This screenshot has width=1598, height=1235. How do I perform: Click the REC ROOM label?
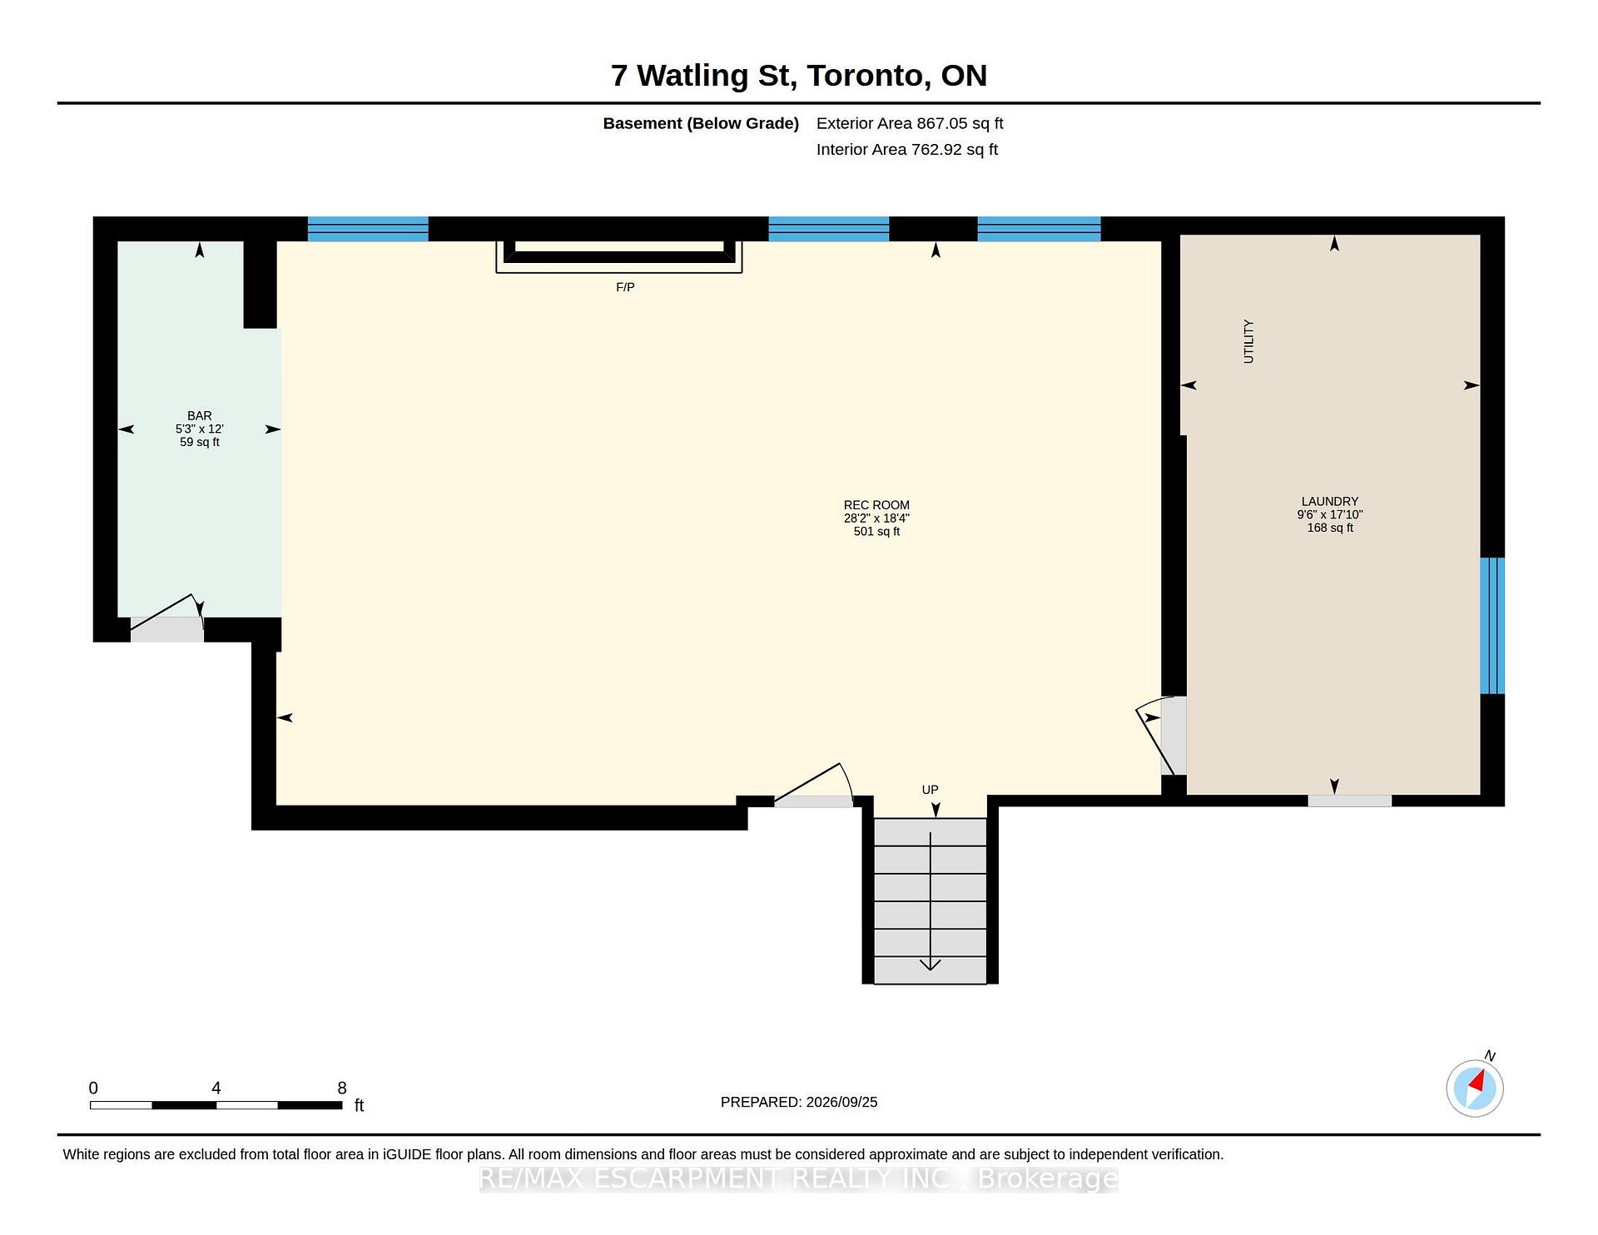876,505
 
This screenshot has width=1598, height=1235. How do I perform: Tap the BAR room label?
200,415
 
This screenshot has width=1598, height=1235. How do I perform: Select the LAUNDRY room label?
1330,501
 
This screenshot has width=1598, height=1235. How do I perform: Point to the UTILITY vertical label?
1248,341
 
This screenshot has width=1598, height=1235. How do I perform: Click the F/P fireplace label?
625,287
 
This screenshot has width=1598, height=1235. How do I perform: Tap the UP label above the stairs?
930,790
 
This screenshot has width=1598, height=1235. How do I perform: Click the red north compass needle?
1477,1082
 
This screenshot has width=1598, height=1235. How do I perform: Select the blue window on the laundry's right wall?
1492,625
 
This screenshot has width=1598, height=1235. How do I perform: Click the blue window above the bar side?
368,229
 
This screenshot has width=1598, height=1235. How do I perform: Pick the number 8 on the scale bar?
342,1088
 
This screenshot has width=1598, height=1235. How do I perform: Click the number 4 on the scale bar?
216,1088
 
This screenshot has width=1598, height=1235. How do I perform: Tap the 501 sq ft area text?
876,532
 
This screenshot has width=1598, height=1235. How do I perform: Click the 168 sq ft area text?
1330,528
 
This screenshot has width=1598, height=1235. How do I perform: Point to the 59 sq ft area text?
200,442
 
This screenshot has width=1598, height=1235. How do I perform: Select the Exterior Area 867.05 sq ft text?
910,123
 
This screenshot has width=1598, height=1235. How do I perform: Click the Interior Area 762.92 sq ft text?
907,150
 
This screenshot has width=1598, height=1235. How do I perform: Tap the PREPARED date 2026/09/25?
841,1102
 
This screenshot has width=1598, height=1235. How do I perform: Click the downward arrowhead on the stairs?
930,965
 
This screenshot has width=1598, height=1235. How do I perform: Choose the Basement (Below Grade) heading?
701,124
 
